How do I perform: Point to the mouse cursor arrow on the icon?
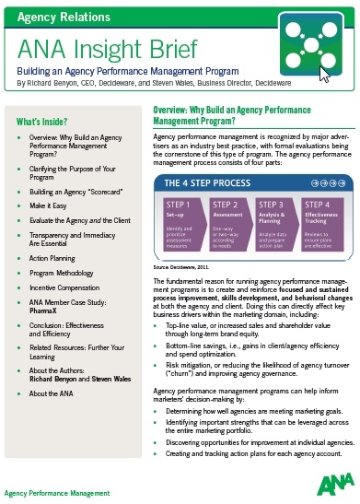pyautogui.click(x=324, y=75)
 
